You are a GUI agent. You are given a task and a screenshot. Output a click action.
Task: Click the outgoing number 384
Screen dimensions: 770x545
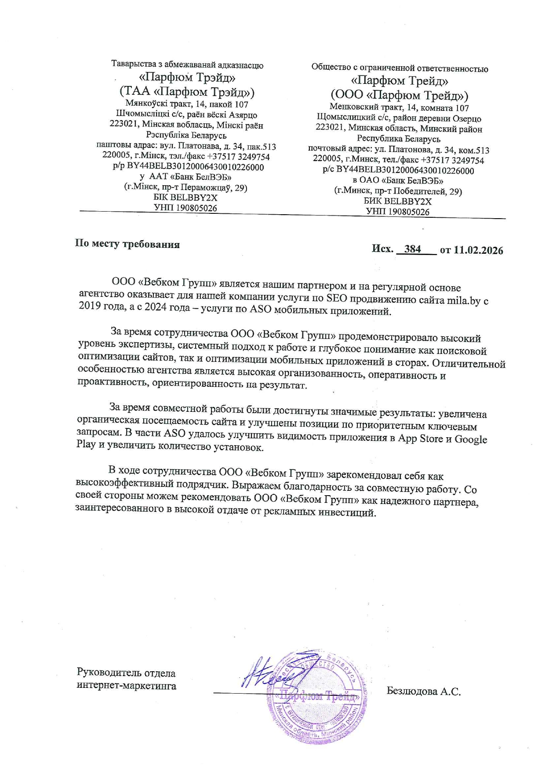coord(412,249)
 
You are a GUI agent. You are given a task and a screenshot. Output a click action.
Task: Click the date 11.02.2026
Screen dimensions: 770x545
coord(478,250)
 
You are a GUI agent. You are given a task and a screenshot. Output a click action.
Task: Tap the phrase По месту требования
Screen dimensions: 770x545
coord(127,244)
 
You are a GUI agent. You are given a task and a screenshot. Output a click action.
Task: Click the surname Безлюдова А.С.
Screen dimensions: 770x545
coord(423,691)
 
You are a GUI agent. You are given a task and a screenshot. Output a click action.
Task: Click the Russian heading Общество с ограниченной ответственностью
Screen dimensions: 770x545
coord(400,68)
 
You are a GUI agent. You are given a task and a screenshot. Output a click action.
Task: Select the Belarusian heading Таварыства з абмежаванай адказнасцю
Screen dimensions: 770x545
coord(187,65)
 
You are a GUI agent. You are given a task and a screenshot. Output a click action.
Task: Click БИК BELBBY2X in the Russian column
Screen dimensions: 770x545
coord(397,201)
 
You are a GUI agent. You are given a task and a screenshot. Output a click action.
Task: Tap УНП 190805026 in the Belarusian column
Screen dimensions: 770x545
coord(185,208)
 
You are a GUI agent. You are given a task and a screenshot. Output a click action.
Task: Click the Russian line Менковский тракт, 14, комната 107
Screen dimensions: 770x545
coord(399,108)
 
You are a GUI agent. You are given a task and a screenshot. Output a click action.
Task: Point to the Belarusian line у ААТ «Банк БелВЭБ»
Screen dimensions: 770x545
coord(185,177)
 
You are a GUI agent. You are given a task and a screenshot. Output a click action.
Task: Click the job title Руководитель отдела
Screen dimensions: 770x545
coord(126,673)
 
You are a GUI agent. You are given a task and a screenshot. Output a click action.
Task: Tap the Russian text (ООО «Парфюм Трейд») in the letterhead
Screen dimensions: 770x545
coord(399,95)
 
